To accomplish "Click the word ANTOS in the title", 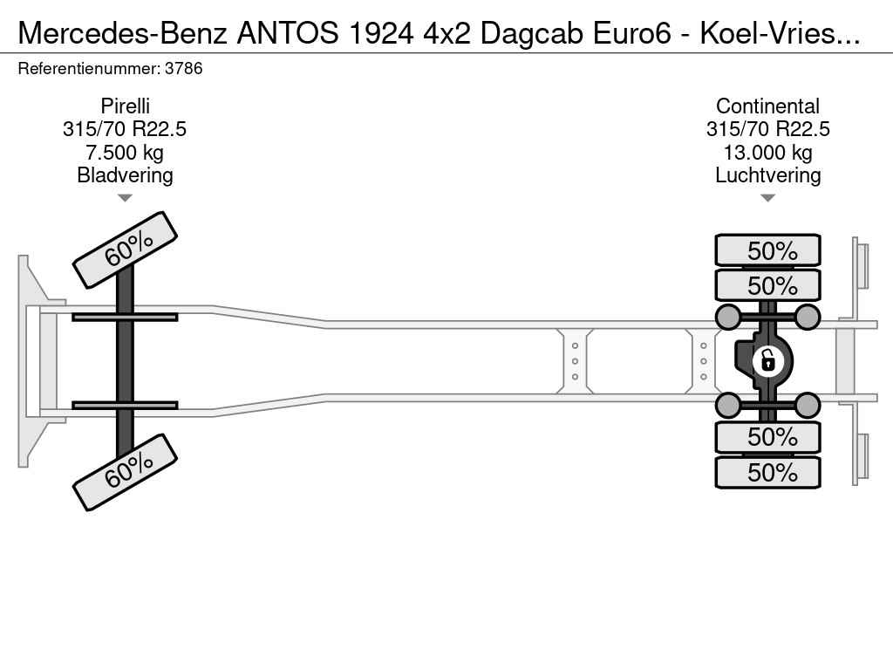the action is tap(287, 34).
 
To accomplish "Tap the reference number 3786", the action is tap(183, 68).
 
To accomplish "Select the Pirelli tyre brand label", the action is tap(125, 106).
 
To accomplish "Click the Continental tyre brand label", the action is tap(767, 106).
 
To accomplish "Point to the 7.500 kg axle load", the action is tap(125, 152).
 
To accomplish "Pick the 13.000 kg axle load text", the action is tap(767, 152).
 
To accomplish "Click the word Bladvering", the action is tap(125, 174).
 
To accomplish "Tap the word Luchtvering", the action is tap(767, 174).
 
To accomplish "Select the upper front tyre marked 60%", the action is tap(125, 250).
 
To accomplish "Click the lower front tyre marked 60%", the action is tap(125, 472).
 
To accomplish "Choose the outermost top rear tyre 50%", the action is tap(767, 250).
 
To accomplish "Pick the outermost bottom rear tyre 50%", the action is tap(767, 472).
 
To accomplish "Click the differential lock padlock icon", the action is tap(767, 361).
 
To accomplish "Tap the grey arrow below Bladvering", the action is tap(125, 198).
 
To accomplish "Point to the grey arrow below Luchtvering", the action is tap(767, 198).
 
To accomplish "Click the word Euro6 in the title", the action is tap(632, 34).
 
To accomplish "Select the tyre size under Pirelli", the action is tap(125, 129).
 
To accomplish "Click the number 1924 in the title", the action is tap(380, 34).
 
